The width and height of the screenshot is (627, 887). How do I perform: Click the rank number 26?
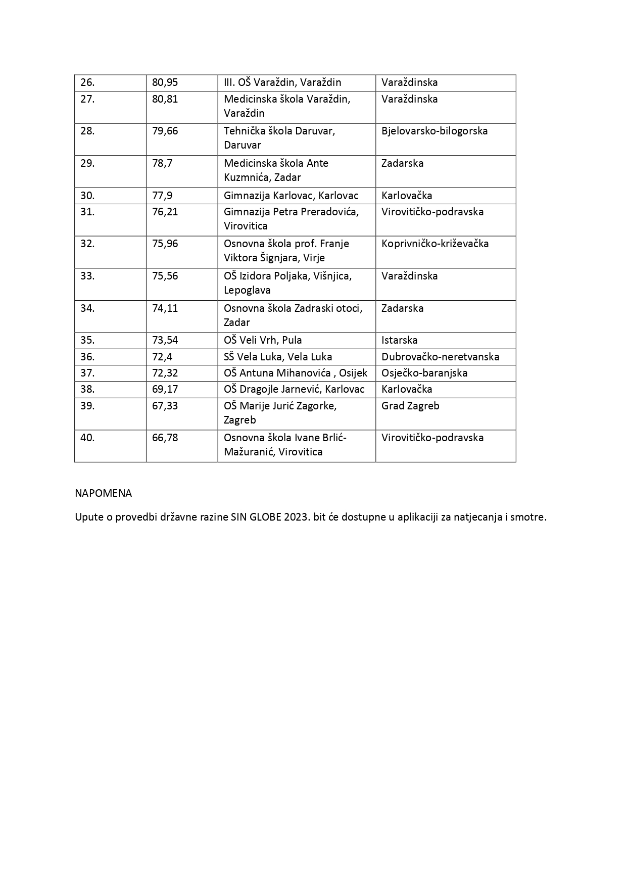pos(87,82)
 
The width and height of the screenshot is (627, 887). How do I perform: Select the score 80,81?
pos(165,99)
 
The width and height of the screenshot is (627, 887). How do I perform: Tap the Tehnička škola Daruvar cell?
pos(279,138)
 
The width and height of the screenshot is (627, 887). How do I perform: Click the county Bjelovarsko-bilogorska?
pos(435,131)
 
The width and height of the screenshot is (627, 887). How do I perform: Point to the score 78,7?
pos(162,163)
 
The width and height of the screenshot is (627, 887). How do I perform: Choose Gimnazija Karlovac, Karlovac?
pos(291,196)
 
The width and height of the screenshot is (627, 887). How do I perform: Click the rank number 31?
pos(87,212)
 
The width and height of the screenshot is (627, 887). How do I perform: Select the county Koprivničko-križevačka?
pos(435,244)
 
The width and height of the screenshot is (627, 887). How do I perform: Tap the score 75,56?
pos(165,276)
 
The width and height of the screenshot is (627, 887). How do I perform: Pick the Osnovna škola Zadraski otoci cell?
pos(293,315)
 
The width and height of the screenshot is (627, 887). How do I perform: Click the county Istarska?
pos(399,340)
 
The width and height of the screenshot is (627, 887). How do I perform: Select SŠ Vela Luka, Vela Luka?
pos(278,357)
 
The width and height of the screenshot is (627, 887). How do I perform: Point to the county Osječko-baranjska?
pos(424,373)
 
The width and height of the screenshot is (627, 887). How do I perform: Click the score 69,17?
pos(165,389)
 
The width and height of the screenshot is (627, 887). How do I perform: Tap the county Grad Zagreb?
pos(410,406)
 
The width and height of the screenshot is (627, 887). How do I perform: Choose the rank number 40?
pos(87,438)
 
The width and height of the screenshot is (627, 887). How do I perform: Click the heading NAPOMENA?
pos(103,493)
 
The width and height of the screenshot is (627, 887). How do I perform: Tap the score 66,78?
pos(165,438)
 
